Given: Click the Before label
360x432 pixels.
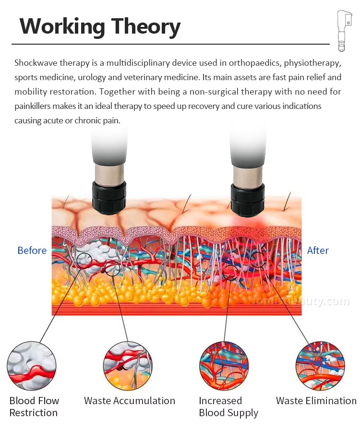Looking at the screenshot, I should pyautogui.click(x=32, y=251).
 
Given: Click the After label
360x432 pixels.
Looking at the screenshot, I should pyautogui.click(x=318, y=251).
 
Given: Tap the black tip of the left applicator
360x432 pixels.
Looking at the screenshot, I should pyautogui.click(x=109, y=196).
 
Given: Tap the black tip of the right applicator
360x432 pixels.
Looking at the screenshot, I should pyautogui.click(x=248, y=199).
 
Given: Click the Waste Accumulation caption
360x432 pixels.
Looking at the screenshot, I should pyautogui.click(x=130, y=401).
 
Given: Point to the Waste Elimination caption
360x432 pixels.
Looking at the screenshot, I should pyautogui.click(x=316, y=401).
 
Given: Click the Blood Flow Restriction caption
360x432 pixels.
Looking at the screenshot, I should pyautogui.click(x=34, y=407).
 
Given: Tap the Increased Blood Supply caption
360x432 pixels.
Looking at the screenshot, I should pyautogui.click(x=228, y=407).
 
